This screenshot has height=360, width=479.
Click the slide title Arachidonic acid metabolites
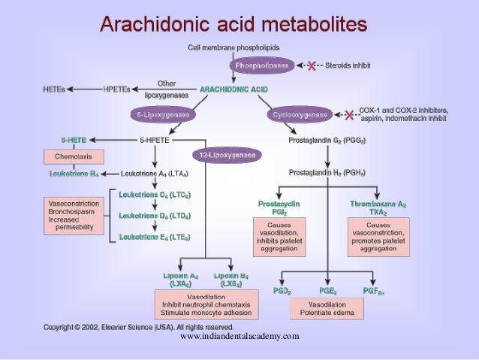[x=233, y=26]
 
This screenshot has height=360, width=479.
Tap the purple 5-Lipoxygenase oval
[x=162, y=116]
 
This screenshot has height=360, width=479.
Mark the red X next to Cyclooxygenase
[x=350, y=115]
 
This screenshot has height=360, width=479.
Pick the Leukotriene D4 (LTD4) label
[x=154, y=216]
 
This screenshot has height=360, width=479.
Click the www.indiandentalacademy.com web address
[x=239, y=336]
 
